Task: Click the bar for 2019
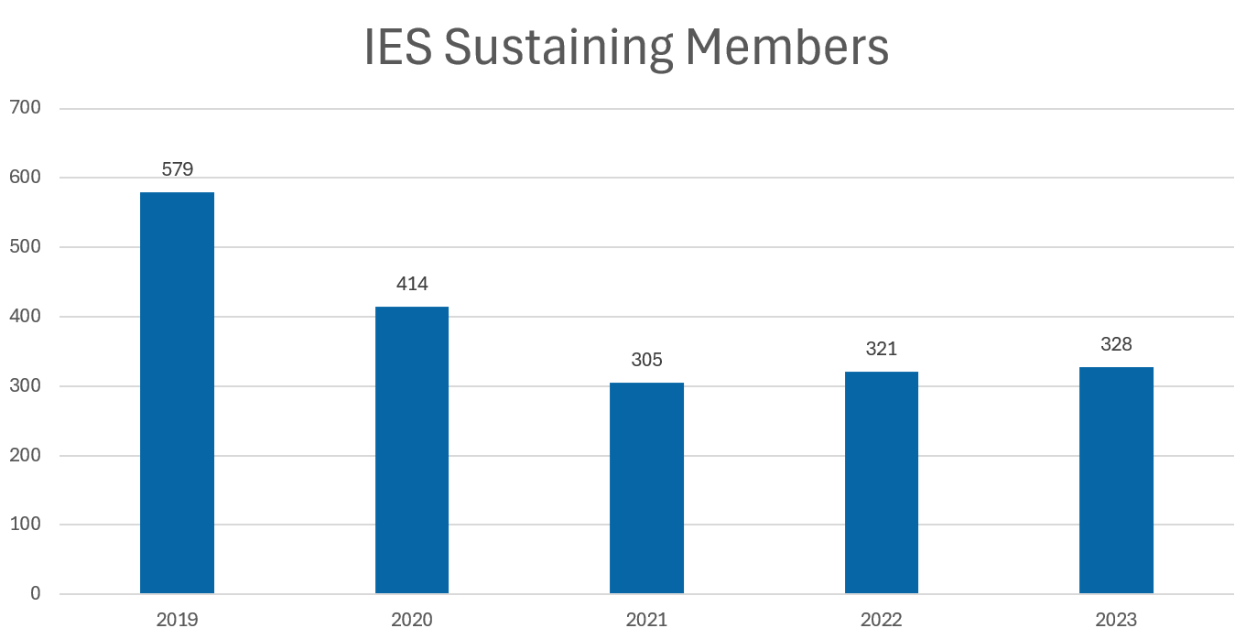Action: [177, 393]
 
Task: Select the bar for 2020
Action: [412, 449]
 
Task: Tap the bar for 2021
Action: [646, 488]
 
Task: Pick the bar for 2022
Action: [881, 482]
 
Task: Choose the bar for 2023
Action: [1116, 480]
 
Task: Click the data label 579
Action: [177, 169]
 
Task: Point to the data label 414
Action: [412, 284]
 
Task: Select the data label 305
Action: [646, 360]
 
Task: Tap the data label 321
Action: [881, 349]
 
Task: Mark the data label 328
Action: [1116, 344]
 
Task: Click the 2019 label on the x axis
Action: [177, 620]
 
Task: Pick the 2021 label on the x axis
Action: [646, 620]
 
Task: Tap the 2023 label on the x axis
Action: [1116, 620]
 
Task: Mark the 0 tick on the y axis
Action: [35, 594]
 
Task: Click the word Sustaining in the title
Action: [558, 48]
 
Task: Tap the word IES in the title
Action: [398, 48]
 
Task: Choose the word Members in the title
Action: [786, 48]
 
